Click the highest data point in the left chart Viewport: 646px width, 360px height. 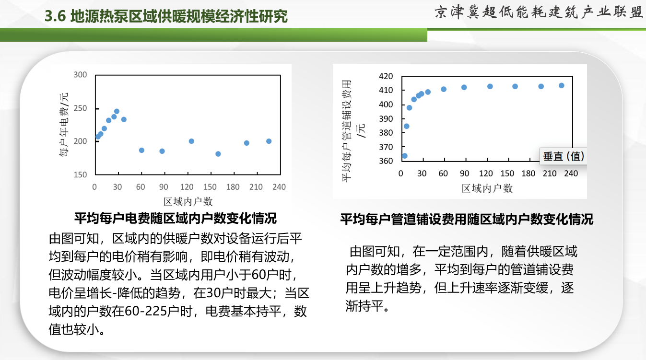coord(117,111)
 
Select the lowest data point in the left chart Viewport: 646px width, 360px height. coord(218,154)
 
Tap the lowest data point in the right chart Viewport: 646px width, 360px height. coord(405,156)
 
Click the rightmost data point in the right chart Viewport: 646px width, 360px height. coord(561,86)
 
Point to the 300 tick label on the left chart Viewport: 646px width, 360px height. coord(80,75)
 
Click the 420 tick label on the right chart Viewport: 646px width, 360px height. coord(386,76)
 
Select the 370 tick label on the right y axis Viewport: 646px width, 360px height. coord(386,147)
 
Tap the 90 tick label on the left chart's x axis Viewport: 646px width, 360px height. coord(164,187)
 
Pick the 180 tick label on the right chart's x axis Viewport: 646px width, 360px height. coord(529,174)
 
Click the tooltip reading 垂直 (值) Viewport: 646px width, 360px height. coord(563,156)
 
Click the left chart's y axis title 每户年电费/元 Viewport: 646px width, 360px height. coord(64,125)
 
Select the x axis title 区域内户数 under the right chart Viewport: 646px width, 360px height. coord(487,188)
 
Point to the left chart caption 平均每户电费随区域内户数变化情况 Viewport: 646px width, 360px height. coord(176,218)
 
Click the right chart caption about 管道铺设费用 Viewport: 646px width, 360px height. coord(467,219)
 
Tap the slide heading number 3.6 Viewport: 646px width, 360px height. coord(55,16)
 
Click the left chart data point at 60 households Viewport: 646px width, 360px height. coord(141,150)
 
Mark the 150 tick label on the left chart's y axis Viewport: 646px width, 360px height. coord(80,174)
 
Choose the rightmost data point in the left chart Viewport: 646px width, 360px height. coord(269,141)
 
